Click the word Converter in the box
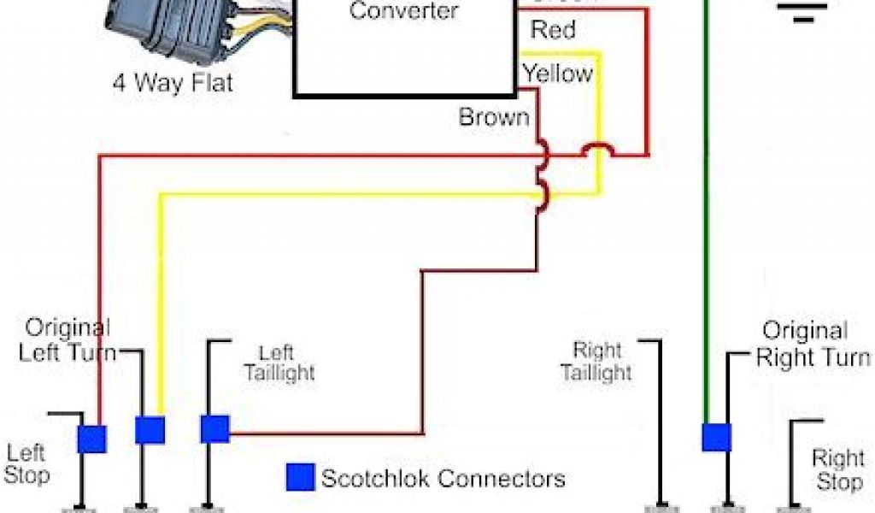click(404, 11)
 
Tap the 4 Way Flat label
click(173, 84)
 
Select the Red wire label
click(553, 30)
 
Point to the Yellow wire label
click(558, 74)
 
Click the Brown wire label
click(494, 117)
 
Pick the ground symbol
click(802, 9)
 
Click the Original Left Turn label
click(68, 339)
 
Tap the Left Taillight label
click(279, 363)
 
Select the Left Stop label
click(27, 463)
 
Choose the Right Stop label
click(838, 470)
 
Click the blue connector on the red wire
click(91, 439)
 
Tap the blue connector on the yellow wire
click(150, 429)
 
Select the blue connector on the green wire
click(716, 437)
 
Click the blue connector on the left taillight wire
click(214, 429)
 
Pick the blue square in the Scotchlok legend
click(299, 477)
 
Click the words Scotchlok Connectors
click(443, 478)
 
